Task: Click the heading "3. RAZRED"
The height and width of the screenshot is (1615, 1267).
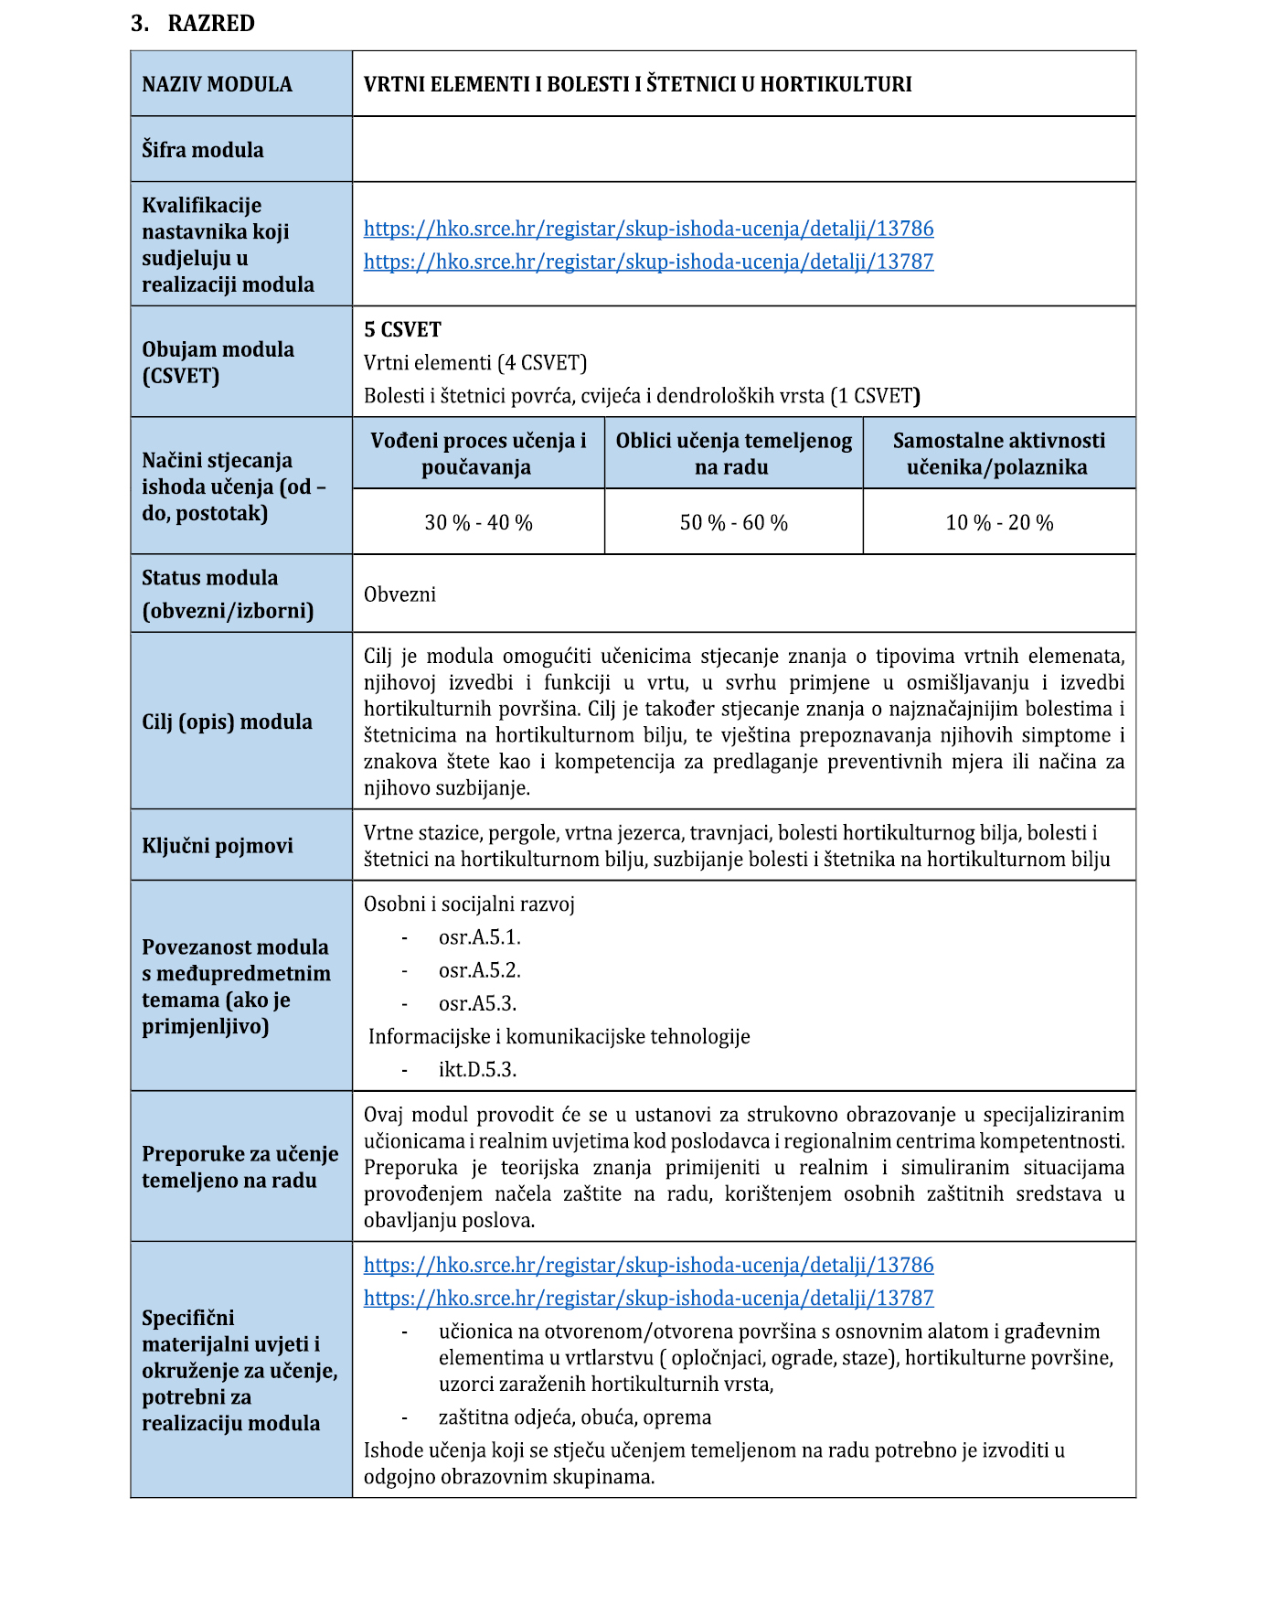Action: pos(193,24)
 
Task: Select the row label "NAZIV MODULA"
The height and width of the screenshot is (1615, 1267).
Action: pos(217,84)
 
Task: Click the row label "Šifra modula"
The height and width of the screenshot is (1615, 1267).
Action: pos(202,150)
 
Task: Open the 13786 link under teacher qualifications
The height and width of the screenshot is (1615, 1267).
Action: pos(648,229)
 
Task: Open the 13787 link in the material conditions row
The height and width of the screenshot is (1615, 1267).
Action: pos(648,1299)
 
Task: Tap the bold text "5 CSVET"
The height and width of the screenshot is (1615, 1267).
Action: pos(402,330)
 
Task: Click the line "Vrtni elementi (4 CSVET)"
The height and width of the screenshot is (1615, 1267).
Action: pos(474,363)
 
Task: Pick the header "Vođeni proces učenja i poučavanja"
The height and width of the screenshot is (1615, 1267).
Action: pos(478,454)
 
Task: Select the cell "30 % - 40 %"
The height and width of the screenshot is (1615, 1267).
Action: pos(478,523)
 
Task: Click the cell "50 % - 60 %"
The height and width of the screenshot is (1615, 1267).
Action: pos(733,523)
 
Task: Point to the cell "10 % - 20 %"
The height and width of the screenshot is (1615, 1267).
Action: pos(999,523)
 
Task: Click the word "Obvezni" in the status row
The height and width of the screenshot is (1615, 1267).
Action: pos(399,594)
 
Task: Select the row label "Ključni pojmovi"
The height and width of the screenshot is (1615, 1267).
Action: pos(217,846)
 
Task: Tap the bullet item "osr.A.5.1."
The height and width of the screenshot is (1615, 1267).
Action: pos(479,937)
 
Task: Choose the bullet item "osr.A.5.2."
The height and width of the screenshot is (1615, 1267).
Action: pos(479,970)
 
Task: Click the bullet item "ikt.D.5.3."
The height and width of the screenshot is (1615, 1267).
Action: pos(477,1070)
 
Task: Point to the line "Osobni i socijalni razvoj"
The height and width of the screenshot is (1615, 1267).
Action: pos(469,904)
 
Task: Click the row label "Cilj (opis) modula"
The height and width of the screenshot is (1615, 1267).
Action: pos(227,722)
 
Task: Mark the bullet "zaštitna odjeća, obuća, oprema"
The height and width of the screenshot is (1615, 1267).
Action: pos(574,1417)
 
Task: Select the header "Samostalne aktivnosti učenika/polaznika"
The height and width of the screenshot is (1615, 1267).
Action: pos(998,454)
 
